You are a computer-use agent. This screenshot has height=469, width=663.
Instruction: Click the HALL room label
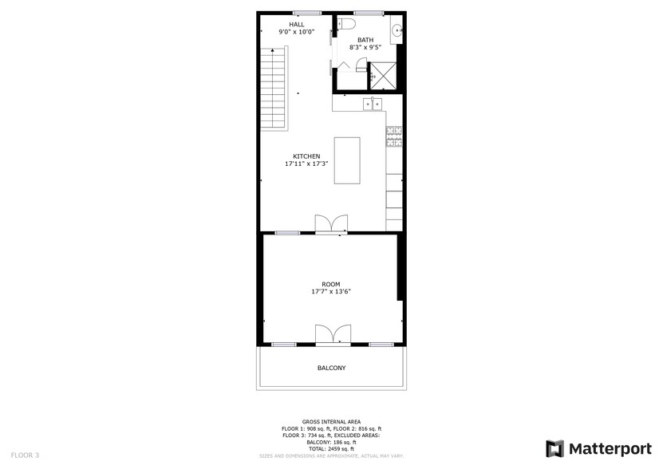[x=296, y=25]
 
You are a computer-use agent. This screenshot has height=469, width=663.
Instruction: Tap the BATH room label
[x=365, y=40]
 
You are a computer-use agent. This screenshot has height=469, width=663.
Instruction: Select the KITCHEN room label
[x=306, y=156]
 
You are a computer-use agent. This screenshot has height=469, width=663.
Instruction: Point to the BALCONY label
[x=331, y=368]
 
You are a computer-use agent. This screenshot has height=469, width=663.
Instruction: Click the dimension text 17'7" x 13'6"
[x=331, y=292]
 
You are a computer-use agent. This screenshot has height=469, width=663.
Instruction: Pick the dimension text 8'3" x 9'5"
[x=365, y=47]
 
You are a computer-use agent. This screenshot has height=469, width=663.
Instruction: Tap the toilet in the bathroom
[x=345, y=25]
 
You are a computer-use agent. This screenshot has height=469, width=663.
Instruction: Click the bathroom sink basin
[x=397, y=33]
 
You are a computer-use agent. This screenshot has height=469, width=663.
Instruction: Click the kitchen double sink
[x=372, y=104]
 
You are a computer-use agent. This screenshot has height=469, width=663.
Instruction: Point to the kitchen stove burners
[x=394, y=137]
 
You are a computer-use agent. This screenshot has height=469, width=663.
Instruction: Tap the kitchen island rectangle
[x=346, y=161]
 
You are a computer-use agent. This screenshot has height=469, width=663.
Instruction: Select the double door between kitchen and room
[x=330, y=225]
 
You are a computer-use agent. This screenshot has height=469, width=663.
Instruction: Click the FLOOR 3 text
[x=26, y=455]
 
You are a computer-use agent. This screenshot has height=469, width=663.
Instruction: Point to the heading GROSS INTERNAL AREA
[x=331, y=421]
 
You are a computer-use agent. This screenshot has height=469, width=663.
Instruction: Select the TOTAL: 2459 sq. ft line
[x=331, y=449]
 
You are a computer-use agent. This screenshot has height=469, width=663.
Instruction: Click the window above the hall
[x=306, y=13]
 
